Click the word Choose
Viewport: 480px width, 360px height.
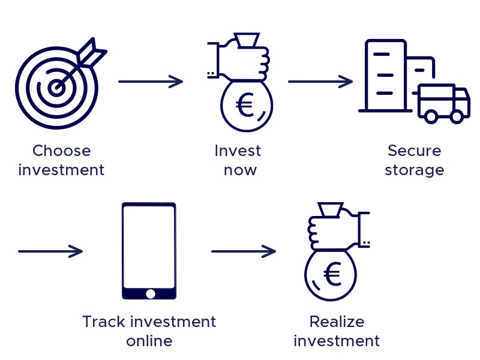point(61,151)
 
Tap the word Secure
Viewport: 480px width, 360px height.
point(414,151)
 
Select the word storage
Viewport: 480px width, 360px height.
point(414,170)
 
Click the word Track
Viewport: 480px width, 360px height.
point(103,322)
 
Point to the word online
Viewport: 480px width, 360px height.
point(149,341)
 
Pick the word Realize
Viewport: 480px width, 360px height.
point(337,322)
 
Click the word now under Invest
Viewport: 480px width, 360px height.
point(240,170)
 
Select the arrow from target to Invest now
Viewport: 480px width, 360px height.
point(151,81)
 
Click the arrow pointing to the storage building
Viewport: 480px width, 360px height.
point(320,81)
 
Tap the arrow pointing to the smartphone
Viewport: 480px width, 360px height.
point(50,251)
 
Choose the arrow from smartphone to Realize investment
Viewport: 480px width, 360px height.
point(244,251)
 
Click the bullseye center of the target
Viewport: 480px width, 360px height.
point(56,88)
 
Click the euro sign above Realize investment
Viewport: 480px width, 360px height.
point(332,275)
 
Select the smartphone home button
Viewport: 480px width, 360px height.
point(149,294)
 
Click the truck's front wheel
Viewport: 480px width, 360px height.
point(457,116)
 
